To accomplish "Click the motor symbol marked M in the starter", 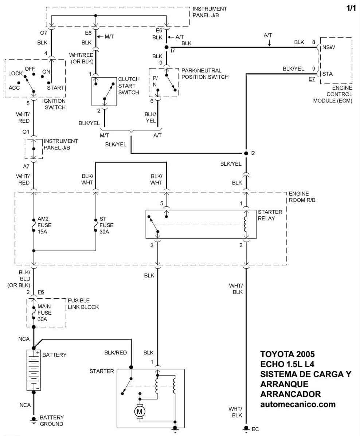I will [x=139, y=412].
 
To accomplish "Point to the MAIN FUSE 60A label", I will [x=44, y=313].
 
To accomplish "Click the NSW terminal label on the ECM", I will [x=329, y=47].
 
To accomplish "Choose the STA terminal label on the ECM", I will [x=328, y=74].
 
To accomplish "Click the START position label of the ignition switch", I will [x=55, y=87].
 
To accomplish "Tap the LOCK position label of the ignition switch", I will [x=16, y=74].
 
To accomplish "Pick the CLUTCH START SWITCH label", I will [x=129, y=86].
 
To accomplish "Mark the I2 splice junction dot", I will [x=246, y=153].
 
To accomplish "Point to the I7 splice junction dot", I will [x=167, y=47].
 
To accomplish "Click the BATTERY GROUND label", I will [x=52, y=420].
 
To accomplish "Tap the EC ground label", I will [x=255, y=429].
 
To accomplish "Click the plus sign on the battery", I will [x=38, y=353].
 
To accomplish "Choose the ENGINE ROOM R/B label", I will [x=302, y=197].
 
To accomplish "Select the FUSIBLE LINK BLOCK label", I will [x=83, y=304].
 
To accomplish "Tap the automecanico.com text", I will [x=298, y=404].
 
